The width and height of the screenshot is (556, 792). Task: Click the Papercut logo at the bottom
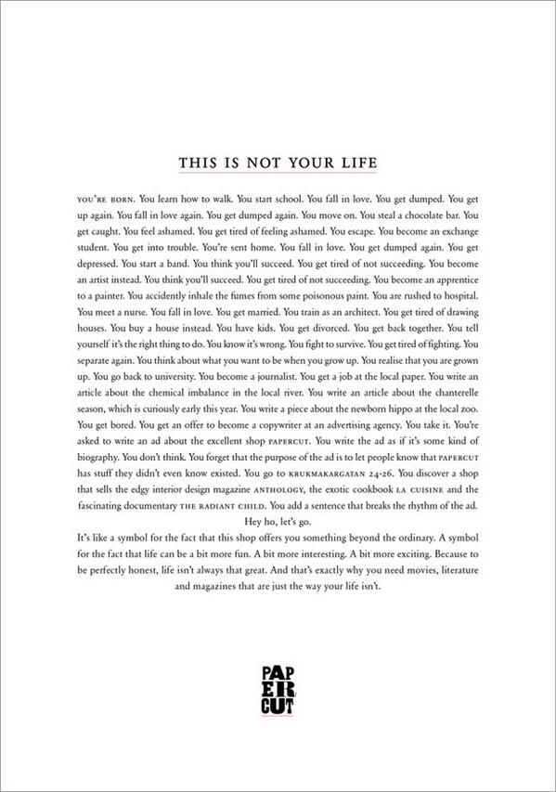(278, 689)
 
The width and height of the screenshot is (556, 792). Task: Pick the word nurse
(139, 316)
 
